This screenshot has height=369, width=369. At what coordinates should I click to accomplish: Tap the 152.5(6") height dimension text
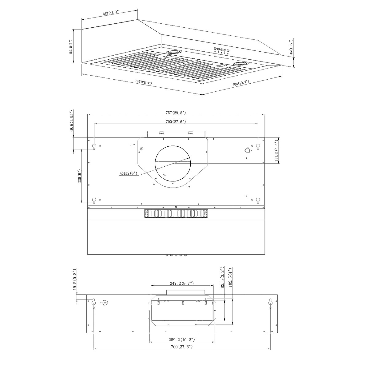[x=71, y=47]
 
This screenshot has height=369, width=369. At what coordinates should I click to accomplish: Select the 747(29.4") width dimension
[x=144, y=82]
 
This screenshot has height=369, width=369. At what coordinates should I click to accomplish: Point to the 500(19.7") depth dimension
[x=240, y=83]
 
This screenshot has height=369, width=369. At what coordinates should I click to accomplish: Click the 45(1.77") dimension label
[x=291, y=47]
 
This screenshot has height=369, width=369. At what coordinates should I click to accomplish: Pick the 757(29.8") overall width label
[x=176, y=113]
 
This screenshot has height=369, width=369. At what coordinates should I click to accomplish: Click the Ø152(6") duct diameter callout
[x=129, y=174]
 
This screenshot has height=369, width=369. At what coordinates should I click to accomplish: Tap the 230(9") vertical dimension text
[x=79, y=176]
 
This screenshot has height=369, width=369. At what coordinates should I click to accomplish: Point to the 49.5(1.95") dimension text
[x=71, y=121]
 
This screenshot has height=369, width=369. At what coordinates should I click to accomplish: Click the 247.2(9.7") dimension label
[x=181, y=283]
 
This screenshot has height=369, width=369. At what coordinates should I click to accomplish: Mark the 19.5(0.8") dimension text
[x=75, y=280]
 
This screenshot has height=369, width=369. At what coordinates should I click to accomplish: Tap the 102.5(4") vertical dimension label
[x=230, y=277]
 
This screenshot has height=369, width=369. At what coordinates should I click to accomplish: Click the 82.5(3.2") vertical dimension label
[x=222, y=278]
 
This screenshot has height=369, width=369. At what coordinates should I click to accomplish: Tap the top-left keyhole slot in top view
[x=94, y=146]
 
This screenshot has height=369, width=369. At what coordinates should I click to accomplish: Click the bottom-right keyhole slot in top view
[x=258, y=200]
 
